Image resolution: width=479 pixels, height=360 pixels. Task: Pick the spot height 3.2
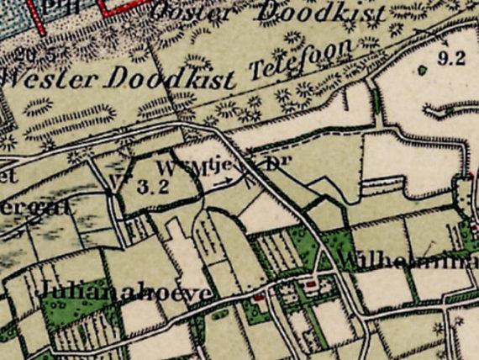tap(152, 188)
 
